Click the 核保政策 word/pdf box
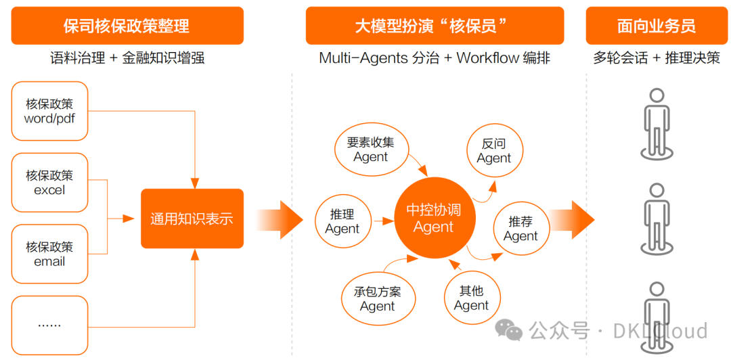pos(49,111)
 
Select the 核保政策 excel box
pos(49,183)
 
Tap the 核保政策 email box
pos(49,254)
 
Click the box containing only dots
pos(49,324)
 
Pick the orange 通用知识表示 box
pos(192,219)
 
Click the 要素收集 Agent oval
pos(370,150)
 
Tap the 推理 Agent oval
pos(342,221)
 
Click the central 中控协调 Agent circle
pos(433,218)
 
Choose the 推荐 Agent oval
pos(520,229)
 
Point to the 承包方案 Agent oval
pos(377,298)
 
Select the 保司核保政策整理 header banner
pos(127,26)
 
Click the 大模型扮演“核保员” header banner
pos(434,26)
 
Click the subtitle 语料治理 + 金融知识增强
pos(127,58)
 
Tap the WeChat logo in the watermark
pos(508,330)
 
